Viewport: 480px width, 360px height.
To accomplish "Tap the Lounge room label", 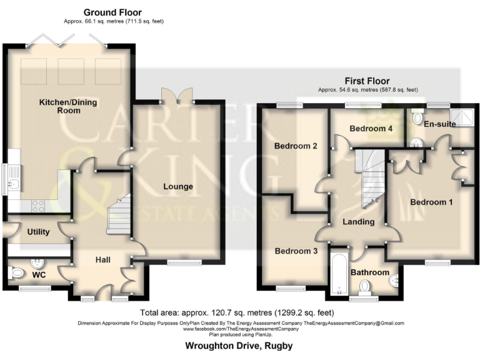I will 178,186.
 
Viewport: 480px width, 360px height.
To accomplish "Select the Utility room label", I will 38,232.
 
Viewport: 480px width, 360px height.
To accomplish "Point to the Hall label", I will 103,259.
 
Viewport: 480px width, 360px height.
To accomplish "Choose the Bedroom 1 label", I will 432,202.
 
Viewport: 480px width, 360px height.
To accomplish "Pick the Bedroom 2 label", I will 296,146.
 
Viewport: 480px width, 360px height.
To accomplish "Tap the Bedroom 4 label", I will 371,129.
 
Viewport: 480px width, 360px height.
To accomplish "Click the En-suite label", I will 439,124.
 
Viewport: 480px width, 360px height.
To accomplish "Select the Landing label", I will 359,222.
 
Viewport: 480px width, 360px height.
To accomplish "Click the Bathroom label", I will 369,272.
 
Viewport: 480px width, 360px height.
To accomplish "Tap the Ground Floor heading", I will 112,12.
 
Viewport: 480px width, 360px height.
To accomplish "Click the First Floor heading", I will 367,81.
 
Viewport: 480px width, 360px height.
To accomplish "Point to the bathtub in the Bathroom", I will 338,274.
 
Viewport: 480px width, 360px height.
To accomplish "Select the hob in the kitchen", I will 37,204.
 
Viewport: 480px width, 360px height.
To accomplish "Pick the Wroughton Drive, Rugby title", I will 239,345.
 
